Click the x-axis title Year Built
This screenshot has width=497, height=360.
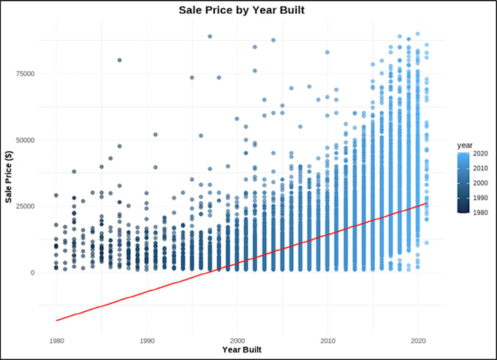(241, 350)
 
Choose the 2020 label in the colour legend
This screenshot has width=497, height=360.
(481, 155)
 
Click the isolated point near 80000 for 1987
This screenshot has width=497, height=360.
(119, 60)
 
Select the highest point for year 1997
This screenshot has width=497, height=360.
(210, 36)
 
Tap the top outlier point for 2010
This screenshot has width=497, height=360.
(327, 53)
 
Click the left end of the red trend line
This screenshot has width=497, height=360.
(56, 320)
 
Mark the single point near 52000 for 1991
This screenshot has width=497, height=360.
(155, 134)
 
